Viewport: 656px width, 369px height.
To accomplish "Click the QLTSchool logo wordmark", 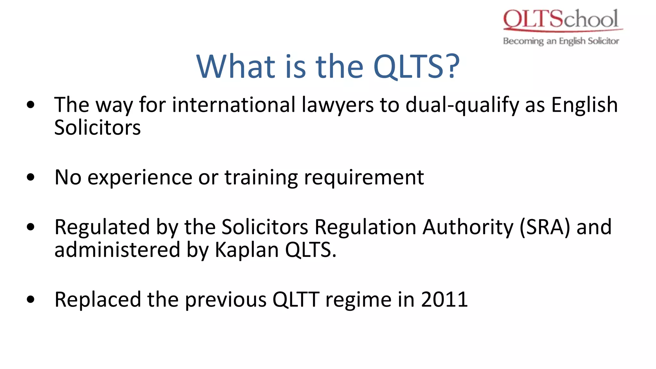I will click(x=561, y=19).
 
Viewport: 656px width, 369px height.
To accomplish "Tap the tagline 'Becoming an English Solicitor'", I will click(x=561, y=41).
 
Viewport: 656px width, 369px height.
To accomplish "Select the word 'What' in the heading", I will click(x=236, y=66).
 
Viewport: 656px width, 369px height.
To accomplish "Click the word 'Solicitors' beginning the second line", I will click(x=97, y=127).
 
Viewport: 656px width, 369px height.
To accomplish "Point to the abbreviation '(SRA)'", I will click(x=545, y=227).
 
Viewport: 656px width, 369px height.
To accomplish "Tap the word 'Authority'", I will click(x=468, y=227).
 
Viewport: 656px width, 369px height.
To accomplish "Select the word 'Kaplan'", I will click(x=247, y=250).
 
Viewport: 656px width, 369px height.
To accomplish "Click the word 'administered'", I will click(x=117, y=250).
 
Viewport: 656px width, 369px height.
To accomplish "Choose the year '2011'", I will click(x=444, y=299).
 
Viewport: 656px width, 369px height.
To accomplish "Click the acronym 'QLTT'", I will click(x=296, y=299).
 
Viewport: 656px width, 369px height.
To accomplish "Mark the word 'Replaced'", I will click(x=98, y=300).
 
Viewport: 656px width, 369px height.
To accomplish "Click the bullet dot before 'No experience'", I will click(x=31, y=177).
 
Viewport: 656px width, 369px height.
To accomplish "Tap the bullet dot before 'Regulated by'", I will click(x=31, y=227).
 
